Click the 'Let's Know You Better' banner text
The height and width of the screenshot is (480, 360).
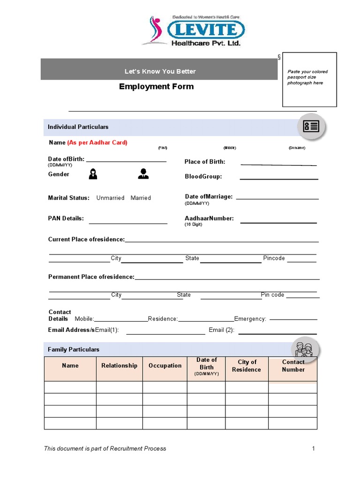[160, 71]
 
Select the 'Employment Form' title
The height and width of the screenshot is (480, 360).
[156, 86]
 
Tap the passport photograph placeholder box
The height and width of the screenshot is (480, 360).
[309, 80]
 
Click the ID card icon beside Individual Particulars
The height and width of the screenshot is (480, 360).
[311, 127]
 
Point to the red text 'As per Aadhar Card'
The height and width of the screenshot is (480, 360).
[97, 142]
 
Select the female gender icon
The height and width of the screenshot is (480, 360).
[93, 174]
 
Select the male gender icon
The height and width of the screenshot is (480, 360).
[143, 174]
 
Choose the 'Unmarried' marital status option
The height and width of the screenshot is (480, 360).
[110, 198]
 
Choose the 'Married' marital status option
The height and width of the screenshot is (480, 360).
[141, 198]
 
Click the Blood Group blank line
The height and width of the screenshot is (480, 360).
[279, 178]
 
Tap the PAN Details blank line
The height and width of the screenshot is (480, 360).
[128, 223]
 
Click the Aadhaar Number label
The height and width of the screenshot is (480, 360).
[209, 218]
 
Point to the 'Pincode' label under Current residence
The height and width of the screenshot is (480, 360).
[274, 258]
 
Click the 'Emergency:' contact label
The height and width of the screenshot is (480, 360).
[250, 319]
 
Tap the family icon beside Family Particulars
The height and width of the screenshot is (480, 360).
[304, 349]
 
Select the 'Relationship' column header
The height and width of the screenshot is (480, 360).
[120, 366]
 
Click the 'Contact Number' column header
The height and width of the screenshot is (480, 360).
[293, 366]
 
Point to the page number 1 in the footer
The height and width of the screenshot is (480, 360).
[314, 449]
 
